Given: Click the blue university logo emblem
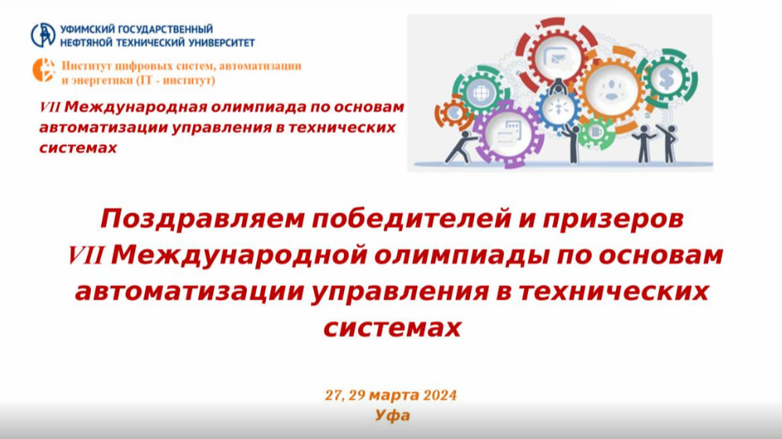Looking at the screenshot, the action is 43,35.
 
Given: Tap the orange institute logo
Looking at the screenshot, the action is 44,70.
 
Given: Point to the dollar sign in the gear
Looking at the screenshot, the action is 666,78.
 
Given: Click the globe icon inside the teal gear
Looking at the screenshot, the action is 481,93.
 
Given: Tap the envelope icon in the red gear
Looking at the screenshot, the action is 556,58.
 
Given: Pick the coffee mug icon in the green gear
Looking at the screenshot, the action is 595,132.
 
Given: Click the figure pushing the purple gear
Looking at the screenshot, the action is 460,147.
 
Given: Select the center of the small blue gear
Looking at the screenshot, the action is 558,108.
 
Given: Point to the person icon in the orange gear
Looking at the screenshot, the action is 612,90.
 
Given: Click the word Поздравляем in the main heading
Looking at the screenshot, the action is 202,219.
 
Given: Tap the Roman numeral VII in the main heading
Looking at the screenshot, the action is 85,256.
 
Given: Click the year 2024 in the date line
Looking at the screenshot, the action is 440,396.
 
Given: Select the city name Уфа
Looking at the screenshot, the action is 393,415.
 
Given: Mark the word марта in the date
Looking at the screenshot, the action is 394,396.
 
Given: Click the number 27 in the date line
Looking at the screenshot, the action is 334,396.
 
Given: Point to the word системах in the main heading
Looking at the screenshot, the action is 393,328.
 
